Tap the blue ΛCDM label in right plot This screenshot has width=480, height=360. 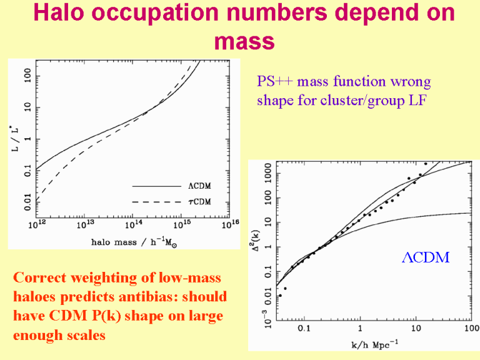coord(425,257)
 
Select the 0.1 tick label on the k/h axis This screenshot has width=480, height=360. coord(303,329)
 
